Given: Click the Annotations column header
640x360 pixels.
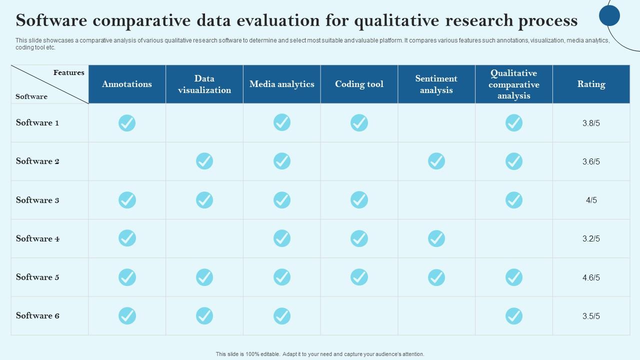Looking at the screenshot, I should click(x=127, y=84).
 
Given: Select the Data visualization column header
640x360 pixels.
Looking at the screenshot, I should click(x=204, y=84).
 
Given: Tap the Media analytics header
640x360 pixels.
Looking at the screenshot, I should click(x=282, y=84).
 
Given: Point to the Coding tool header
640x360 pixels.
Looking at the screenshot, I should click(x=359, y=84).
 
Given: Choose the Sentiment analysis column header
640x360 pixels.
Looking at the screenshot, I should click(x=436, y=84).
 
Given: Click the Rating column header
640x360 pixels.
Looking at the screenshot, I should click(x=591, y=84).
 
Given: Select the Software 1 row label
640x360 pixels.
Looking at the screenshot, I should click(x=37, y=122).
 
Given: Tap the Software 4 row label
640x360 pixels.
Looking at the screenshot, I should click(x=37, y=238).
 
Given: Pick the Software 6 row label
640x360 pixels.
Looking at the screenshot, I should click(x=37, y=315).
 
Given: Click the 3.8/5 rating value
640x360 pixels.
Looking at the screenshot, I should click(x=591, y=123).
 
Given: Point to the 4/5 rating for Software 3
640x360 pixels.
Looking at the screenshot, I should click(x=591, y=200).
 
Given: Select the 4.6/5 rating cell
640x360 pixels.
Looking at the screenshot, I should click(x=591, y=277).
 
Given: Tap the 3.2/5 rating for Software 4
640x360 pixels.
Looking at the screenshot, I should click(x=591, y=238).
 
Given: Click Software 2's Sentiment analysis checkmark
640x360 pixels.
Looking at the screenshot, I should click(x=436, y=161).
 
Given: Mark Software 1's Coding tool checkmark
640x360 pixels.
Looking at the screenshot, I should click(x=359, y=122).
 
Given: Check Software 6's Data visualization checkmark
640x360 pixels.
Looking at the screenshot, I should click(x=204, y=315).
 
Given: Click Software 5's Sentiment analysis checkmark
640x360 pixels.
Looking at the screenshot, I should click(x=436, y=277).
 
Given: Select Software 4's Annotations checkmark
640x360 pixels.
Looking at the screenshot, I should click(x=127, y=238).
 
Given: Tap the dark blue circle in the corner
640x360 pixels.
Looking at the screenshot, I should click(x=609, y=15).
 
